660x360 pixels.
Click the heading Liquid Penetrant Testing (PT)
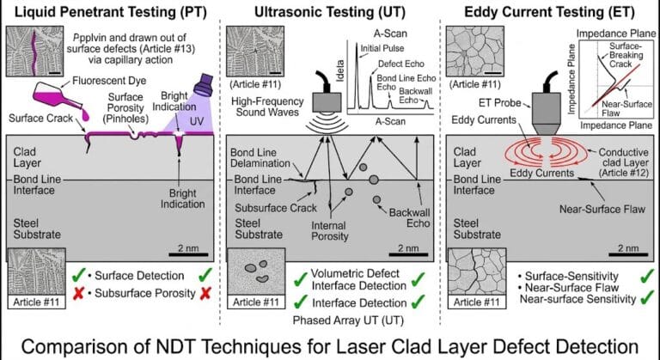tap(107, 11)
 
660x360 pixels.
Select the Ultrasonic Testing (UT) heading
tap(329, 11)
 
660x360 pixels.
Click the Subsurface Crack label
tap(269, 206)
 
